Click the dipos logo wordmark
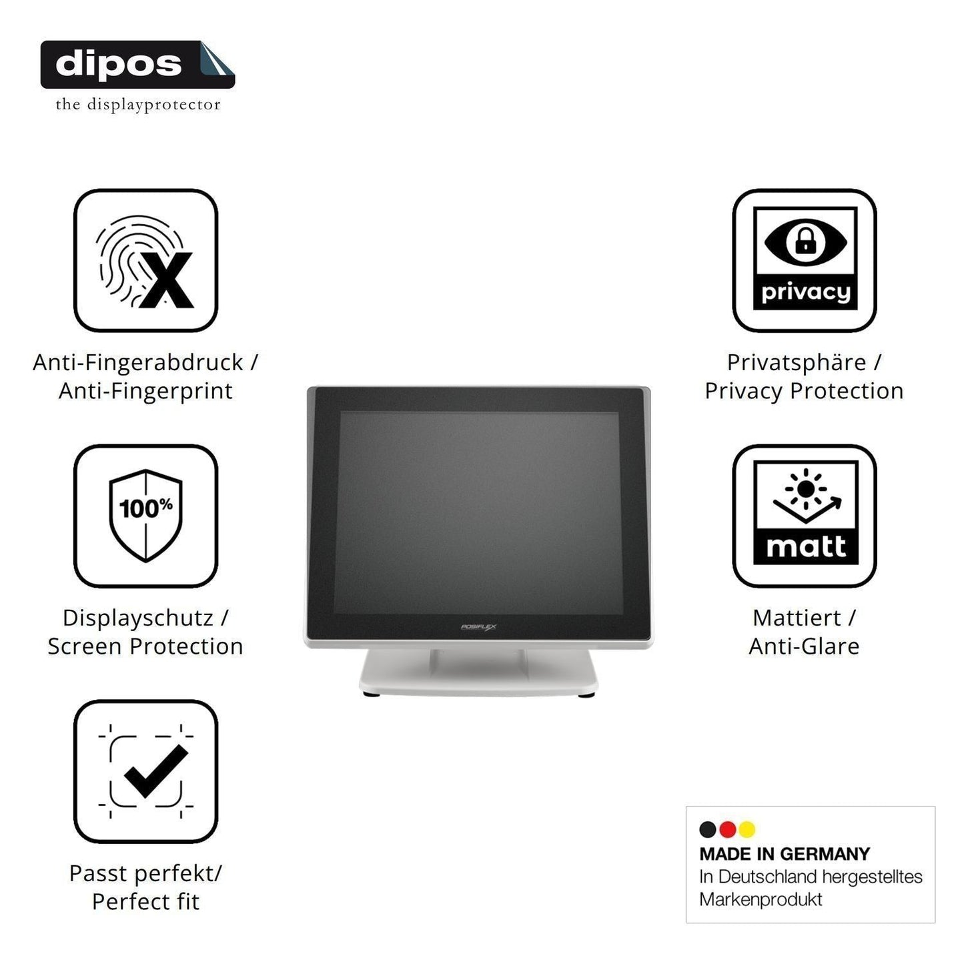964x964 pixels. pos(119,64)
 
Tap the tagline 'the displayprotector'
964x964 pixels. pos(138,105)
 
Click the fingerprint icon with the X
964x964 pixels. pos(145,262)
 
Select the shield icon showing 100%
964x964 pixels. pos(145,515)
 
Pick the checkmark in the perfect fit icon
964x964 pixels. pos(155,771)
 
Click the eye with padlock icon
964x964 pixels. pos(805,242)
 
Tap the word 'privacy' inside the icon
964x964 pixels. pos(805,292)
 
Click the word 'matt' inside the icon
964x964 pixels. pos(806,546)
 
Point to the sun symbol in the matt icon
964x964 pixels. pos(806,489)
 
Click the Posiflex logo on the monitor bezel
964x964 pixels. pos(478,627)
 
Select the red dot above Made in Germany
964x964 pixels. pos(727,829)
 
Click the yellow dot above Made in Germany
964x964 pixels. pos(747,829)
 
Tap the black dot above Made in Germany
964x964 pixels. pos(708,829)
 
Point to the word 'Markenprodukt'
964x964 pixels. pos(761,899)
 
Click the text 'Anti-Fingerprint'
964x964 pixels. pos(145,391)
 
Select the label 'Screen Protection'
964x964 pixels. pos(145,646)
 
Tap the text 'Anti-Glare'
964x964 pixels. pos(804,646)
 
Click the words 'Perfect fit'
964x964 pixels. pos(145,902)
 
